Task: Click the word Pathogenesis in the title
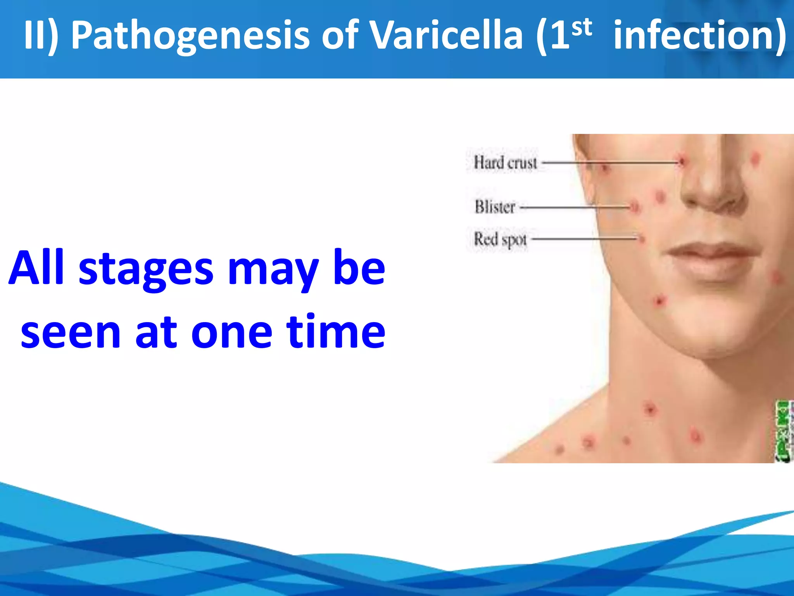pyautogui.click(x=190, y=36)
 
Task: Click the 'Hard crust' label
pyautogui.click(x=505, y=163)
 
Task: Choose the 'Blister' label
pyautogui.click(x=495, y=207)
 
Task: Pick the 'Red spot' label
pyautogui.click(x=501, y=239)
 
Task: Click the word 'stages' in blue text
pyautogui.click(x=146, y=269)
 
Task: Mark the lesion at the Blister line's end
pyautogui.click(x=635, y=207)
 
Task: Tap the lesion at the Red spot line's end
pyautogui.click(x=641, y=238)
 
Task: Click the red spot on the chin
pyautogui.click(x=659, y=301)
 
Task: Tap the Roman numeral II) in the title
pyautogui.click(x=41, y=36)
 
